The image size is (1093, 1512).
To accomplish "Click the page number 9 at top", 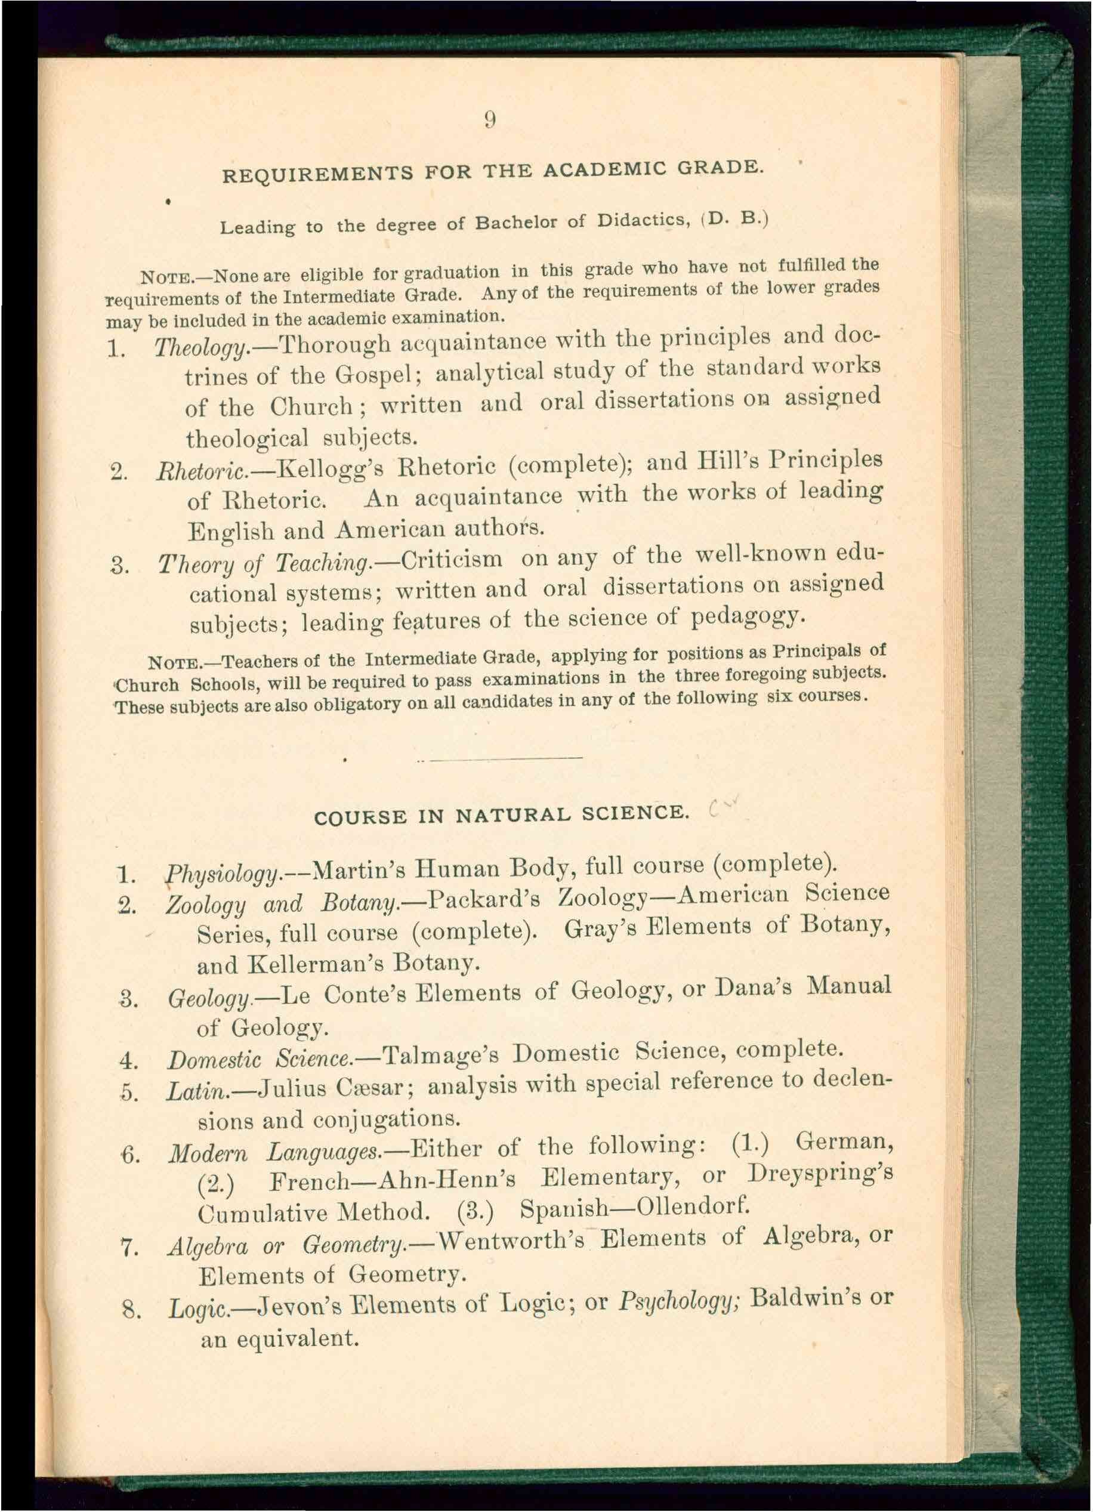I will point(490,119).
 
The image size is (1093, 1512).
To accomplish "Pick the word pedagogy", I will point(746,618).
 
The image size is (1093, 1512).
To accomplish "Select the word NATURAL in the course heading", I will point(513,815).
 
